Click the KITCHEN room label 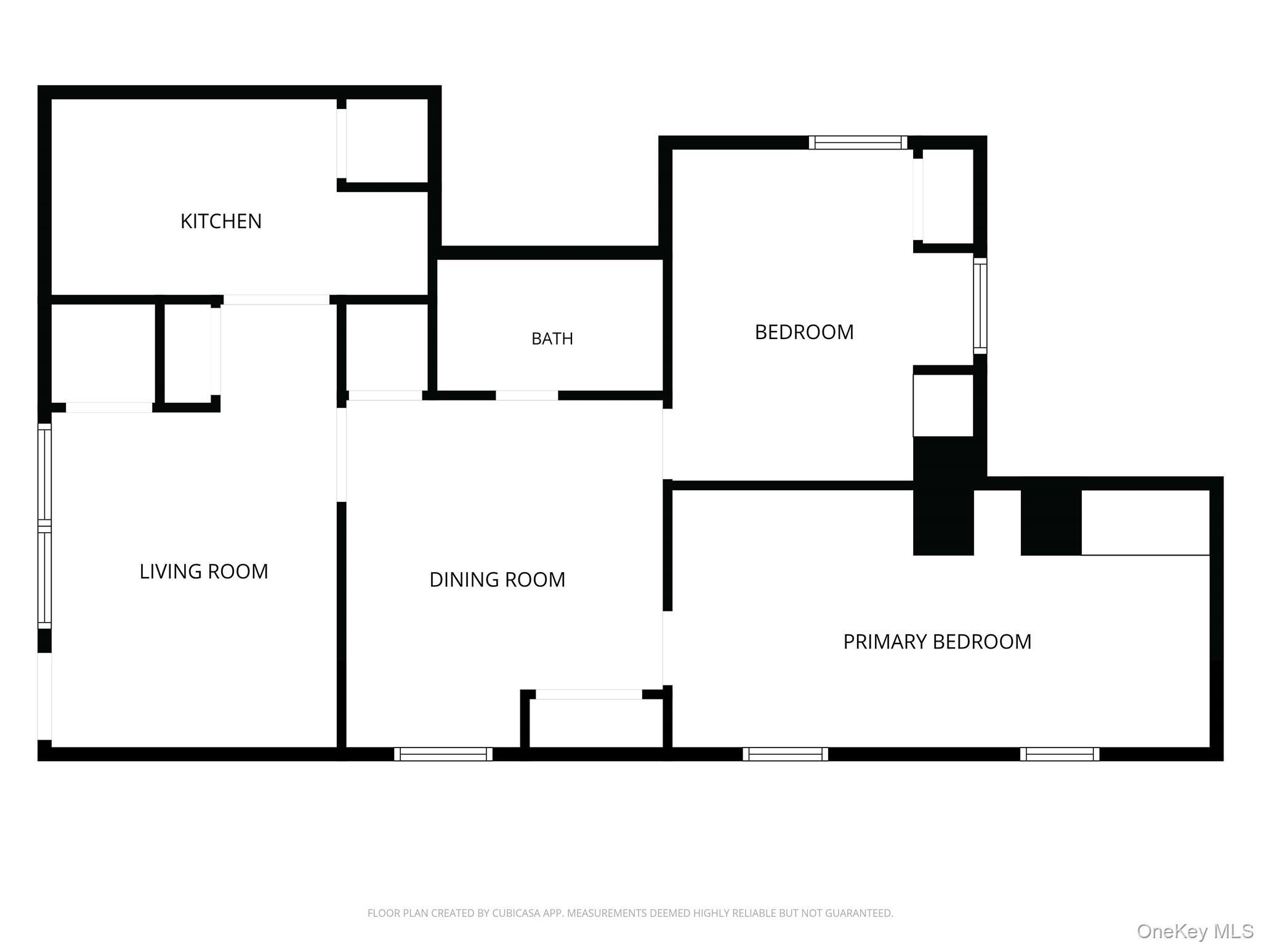pos(221,221)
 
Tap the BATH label pos(552,338)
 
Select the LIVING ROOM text pos(204,572)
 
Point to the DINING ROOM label pos(497,580)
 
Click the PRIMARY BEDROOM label pos(937,642)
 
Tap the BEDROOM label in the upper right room pos(804,332)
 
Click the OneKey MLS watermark pos(1195,931)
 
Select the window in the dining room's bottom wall pos(443,754)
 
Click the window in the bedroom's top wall pos(858,143)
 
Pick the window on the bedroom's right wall pos(980,306)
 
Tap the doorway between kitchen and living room pos(276,300)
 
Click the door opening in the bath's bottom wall pos(527,396)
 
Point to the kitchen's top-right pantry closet pos(387,141)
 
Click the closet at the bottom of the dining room pos(595,723)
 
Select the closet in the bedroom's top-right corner pos(948,196)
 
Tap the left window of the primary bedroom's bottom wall pos(785,754)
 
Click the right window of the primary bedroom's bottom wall pos(1060,754)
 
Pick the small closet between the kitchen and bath pos(387,348)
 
